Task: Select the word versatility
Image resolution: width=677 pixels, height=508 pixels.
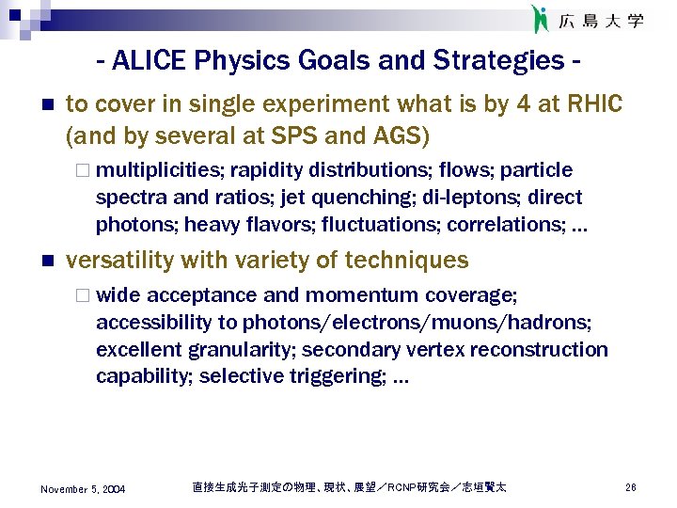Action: click(x=123, y=260)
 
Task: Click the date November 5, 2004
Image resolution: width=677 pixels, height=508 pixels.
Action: click(x=83, y=489)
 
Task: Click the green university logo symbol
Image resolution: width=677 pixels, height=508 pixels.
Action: click(x=539, y=19)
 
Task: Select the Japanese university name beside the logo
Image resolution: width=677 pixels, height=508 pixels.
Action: click(x=602, y=20)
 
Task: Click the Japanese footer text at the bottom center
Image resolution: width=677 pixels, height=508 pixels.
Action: click(x=349, y=487)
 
